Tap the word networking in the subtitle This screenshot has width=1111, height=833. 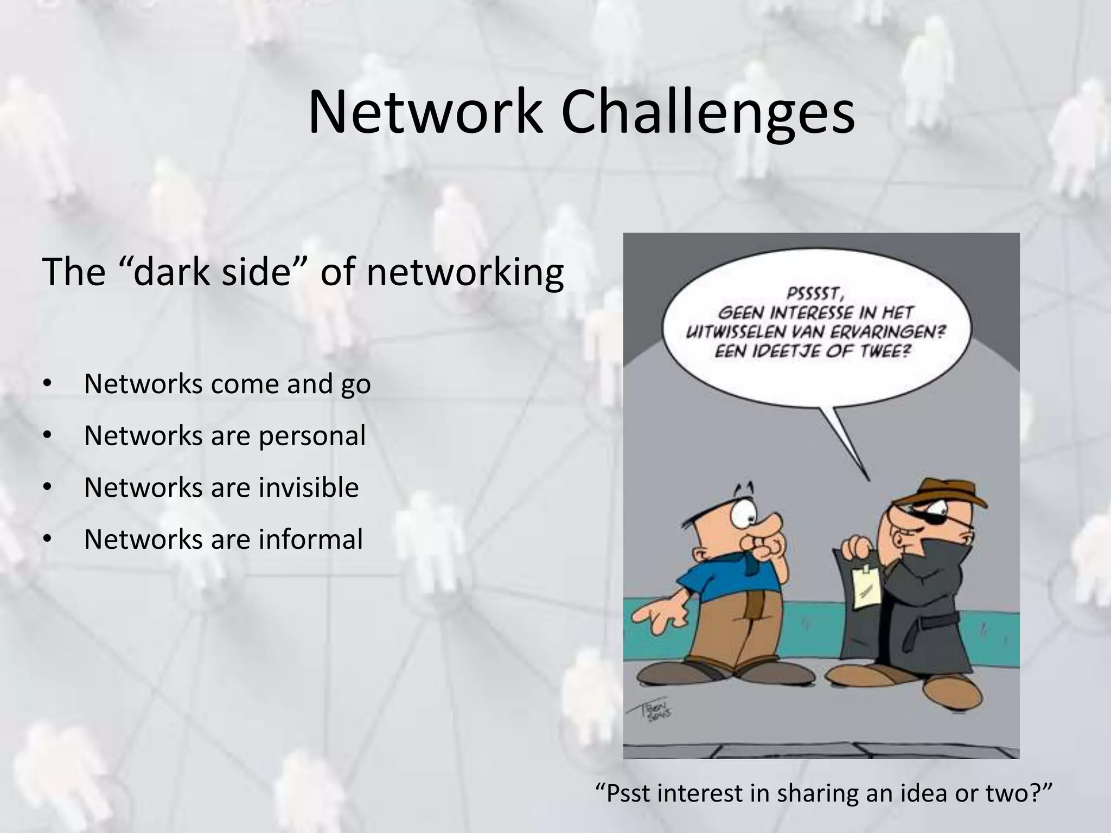click(465, 272)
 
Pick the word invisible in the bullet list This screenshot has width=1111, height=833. click(308, 488)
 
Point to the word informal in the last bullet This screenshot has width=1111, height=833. click(310, 539)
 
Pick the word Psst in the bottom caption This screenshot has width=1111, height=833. click(629, 793)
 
